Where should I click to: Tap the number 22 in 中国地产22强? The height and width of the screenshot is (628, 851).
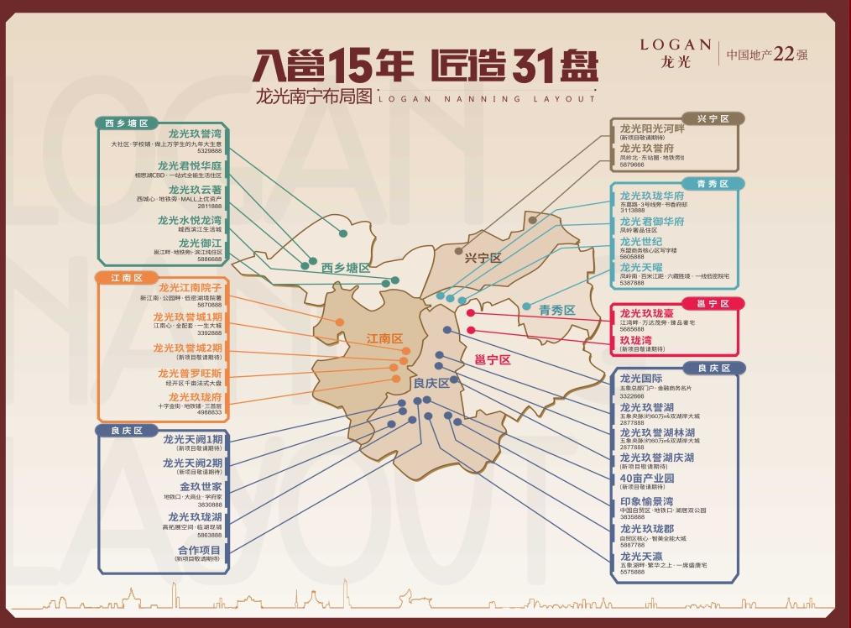(783, 55)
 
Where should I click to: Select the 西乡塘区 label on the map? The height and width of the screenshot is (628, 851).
(345, 268)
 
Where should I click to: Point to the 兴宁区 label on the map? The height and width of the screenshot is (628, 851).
(483, 258)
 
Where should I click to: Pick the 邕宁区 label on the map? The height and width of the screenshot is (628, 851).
(493, 359)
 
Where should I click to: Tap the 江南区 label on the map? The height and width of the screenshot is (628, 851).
(384, 338)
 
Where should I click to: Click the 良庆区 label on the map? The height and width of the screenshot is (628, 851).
(431, 383)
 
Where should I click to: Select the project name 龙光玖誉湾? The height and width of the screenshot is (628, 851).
(195, 133)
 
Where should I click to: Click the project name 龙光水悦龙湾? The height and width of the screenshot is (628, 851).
(190, 221)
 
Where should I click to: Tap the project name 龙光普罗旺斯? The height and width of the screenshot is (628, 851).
(190, 373)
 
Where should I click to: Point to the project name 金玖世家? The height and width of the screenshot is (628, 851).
(201, 486)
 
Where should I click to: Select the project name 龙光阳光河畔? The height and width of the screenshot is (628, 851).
(652, 128)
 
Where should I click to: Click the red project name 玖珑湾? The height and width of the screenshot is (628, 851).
(636, 340)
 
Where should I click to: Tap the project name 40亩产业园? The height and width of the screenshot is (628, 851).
(647, 479)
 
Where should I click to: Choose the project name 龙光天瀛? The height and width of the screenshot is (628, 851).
(642, 556)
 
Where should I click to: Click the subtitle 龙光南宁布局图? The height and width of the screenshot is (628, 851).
(313, 97)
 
